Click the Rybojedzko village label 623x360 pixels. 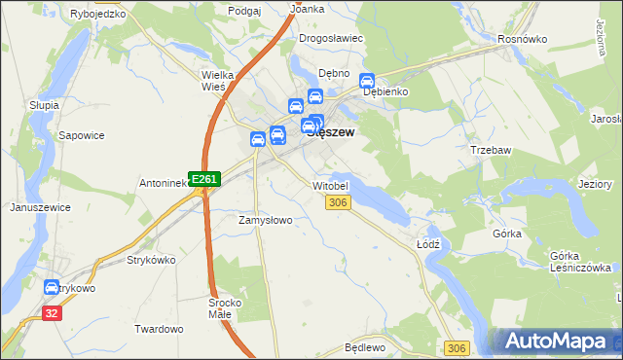[x=99, y=15]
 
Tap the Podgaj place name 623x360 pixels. [x=244, y=10]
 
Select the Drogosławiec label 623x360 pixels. [x=331, y=38]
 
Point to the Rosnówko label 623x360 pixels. [x=523, y=38]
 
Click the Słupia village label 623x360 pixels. [x=44, y=104]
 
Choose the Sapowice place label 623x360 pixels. [x=82, y=135]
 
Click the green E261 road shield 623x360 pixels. [x=204, y=179]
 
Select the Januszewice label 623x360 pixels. [x=39, y=207]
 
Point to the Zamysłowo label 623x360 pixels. [x=266, y=220]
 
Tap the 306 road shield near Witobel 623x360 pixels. [x=337, y=202]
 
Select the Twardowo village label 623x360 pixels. [x=159, y=329]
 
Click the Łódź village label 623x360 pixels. [x=429, y=243]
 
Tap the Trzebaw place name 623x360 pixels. [x=490, y=150]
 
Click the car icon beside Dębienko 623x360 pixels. [x=367, y=82]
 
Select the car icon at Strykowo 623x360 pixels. [x=52, y=287]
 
